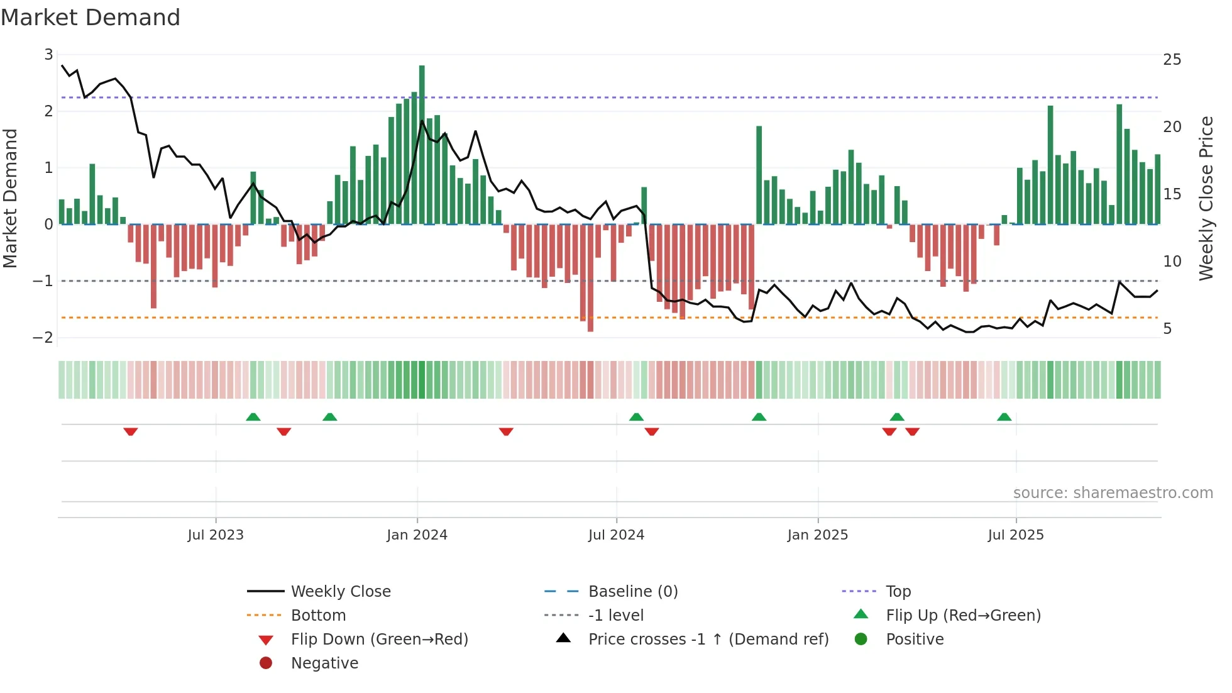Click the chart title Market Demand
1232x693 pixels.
click(x=91, y=18)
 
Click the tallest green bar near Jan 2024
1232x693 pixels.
click(x=422, y=145)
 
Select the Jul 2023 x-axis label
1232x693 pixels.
click(x=216, y=535)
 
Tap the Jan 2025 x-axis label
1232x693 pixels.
click(x=817, y=535)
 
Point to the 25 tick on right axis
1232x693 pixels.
click(x=1172, y=60)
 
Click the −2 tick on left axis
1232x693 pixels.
click(x=43, y=338)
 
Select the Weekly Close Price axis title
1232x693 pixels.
click(x=1206, y=198)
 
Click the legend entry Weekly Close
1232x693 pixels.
click(x=340, y=592)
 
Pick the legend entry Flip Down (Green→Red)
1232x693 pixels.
click(x=379, y=640)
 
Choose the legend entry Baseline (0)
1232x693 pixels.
click(x=632, y=592)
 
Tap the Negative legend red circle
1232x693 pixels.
click(x=266, y=663)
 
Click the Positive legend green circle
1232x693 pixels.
click(x=861, y=640)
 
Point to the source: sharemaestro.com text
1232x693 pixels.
click(x=1113, y=493)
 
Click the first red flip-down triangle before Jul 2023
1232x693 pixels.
click(x=131, y=431)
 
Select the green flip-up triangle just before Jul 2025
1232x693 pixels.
click(x=1004, y=417)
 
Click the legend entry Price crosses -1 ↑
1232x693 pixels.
click(x=708, y=640)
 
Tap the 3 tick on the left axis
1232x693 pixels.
click(x=48, y=55)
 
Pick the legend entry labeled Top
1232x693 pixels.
click(x=898, y=592)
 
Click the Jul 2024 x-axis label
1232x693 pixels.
click(x=616, y=535)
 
